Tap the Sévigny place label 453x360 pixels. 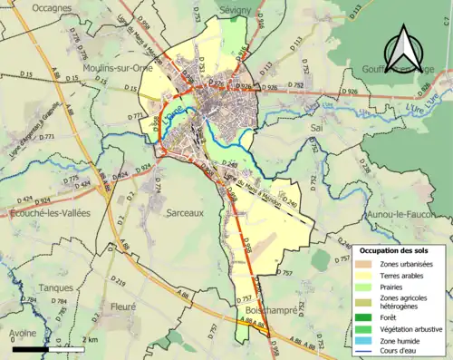click(235, 7)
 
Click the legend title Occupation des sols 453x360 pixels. click(397, 249)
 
